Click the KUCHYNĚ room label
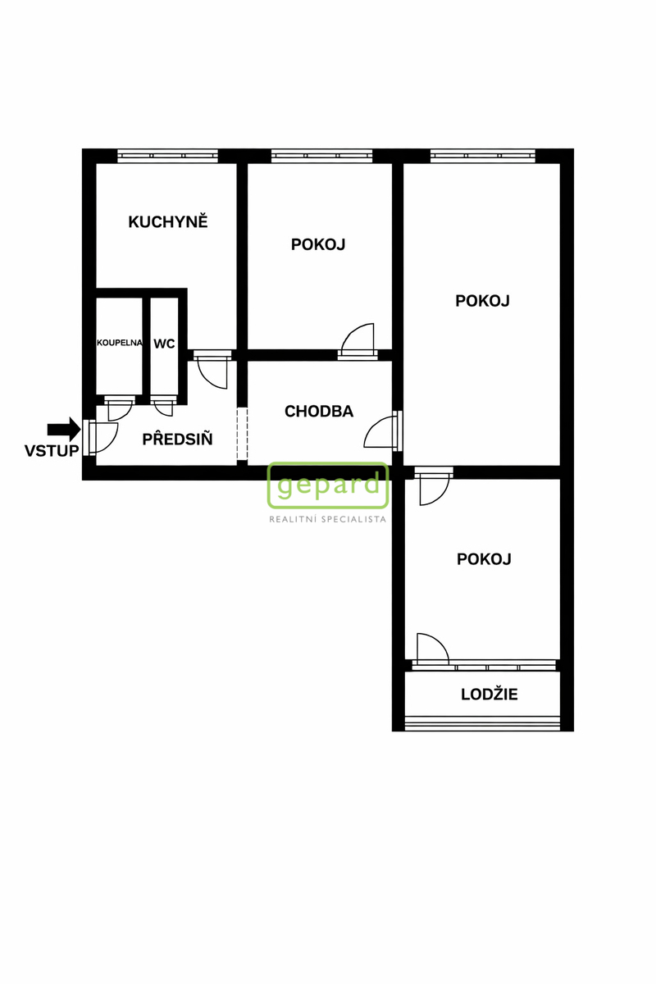coord(168,221)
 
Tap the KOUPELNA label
coord(120,343)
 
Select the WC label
coord(164,344)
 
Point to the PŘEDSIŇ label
coord(177,439)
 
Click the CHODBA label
coord(319,411)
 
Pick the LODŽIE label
coord(490,694)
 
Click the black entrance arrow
coord(64,429)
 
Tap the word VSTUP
coord(52,451)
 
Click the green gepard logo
coord(328,485)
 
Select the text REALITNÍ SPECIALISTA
coord(328,519)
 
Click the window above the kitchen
coord(167,156)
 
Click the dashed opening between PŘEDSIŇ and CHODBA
coord(242,434)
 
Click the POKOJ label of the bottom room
coord(484,559)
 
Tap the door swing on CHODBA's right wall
coord(380,432)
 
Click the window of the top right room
coord(483,156)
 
